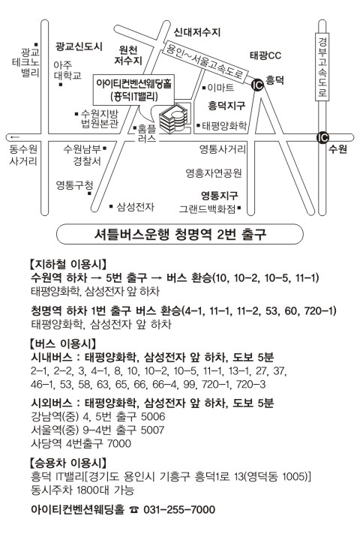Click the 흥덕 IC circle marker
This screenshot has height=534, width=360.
click(x=257, y=85)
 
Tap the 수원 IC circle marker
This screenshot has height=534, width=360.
click(x=322, y=137)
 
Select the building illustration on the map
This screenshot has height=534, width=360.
click(x=173, y=118)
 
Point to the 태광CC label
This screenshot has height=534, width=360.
click(x=266, y=55)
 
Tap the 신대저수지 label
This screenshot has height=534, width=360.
click(x=197, y=32)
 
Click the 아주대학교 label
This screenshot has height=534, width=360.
click(x=67, y=70)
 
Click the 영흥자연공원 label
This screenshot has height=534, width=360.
click(x=214, y=173)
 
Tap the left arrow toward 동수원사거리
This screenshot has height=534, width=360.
click(x=15, y=137)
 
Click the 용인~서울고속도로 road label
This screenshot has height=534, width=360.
click(x=204, y=63)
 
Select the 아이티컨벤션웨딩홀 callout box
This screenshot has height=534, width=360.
click(x=133, y=91)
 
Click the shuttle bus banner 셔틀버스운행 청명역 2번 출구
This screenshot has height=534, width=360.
click(x=179, y=234)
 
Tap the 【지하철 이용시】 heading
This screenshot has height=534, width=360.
click(x=68, y=264)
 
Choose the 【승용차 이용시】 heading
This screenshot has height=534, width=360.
click(x=68, y=463)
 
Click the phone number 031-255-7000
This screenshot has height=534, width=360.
click(x=179, y=509)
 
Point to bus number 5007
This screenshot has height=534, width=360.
click(x=152, y=430)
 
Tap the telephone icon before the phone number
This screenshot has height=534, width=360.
click(x=134, y=510)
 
